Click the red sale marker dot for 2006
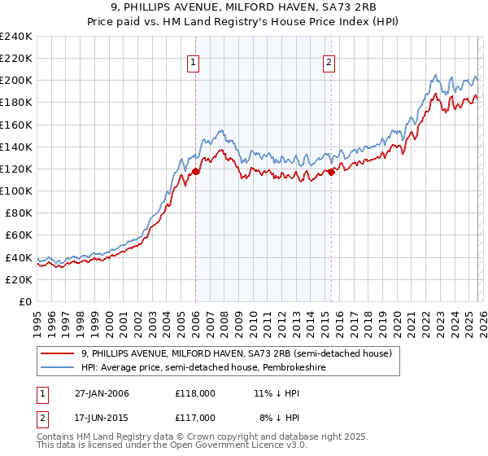[x=195, y=171]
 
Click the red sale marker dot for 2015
[x=331, y=172]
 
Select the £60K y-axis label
[x=18, y=235]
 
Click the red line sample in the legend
[x=58, y=354]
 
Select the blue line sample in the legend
[x=58, y=368]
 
